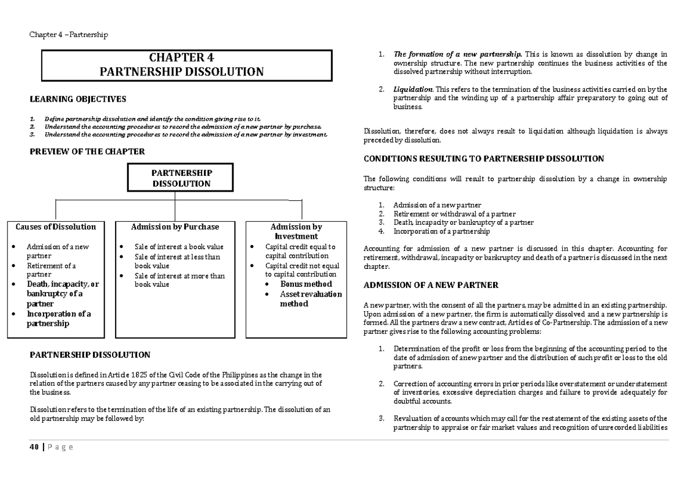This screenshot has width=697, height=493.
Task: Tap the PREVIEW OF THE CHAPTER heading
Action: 87,152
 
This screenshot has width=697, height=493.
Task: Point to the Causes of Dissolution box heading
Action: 56,226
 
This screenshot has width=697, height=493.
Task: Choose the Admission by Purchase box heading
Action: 175,226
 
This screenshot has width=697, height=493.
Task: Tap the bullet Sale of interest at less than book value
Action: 177,261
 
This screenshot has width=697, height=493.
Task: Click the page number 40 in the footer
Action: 34,447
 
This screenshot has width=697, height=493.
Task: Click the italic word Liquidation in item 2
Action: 412,89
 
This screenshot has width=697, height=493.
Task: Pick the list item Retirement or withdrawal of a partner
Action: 454,214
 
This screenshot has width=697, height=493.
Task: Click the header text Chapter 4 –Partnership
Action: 69,35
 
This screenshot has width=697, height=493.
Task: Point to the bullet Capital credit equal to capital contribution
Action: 300,251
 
